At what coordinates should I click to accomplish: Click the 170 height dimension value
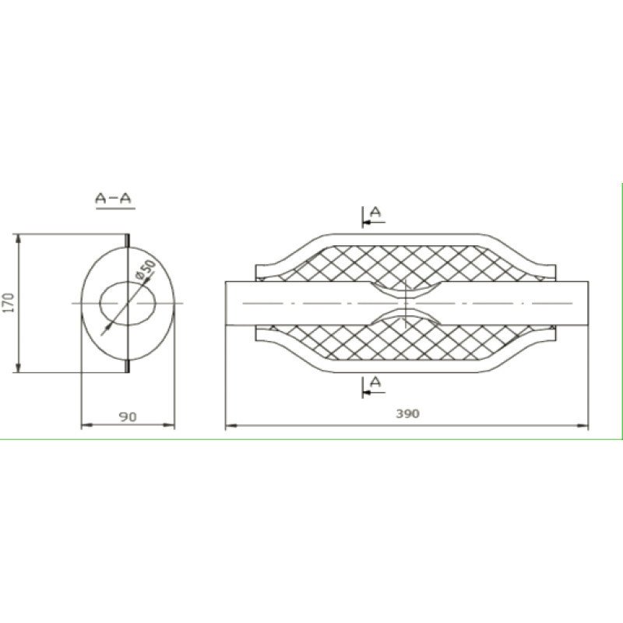pyautogui.click(x=9, y=303)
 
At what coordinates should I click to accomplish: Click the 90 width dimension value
pyautogui.click(x=128, y=417)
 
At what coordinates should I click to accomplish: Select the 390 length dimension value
pyautogui.click(x=407, y=414)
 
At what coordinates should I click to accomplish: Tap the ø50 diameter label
pyautogui.click(x=145, y=269)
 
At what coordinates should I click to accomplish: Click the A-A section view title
pyautogui.click(x=114, y=198)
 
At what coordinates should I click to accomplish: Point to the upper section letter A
pyautogui.click(x=375, y=212)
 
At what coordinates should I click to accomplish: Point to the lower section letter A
pyautogui.click(x=375, y=382)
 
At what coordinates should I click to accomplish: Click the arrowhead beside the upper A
pyautogui.click(x=367, y=222)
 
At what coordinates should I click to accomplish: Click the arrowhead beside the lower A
pyautogui.click(x=367, y=392)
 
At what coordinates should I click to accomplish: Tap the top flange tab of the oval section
pyautogui.click(x=128, y=241)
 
